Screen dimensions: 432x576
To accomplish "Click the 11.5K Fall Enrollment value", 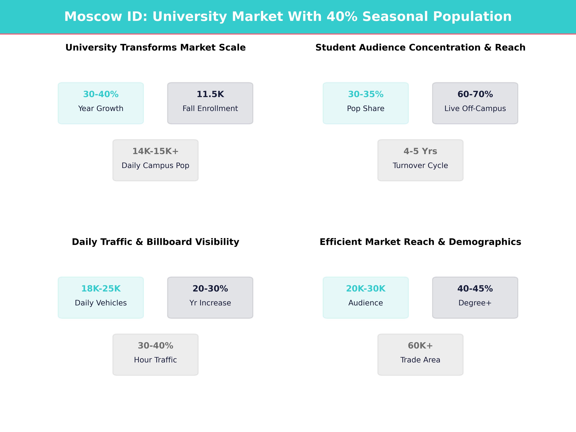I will [210, 94].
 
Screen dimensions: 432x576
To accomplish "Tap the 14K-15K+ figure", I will [155, 151].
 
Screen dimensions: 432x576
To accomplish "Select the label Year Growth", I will [101, 109].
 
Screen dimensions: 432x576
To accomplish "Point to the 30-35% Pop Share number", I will [366, 94].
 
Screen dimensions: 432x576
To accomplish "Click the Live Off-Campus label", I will [475, 109].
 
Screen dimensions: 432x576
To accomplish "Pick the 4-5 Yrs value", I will [420, 151].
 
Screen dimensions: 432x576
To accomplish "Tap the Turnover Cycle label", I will [420, 166].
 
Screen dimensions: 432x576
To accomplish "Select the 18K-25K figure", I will [101, 289].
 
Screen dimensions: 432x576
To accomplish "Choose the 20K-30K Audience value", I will [366, 289].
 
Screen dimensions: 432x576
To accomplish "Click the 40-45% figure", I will [475, 289].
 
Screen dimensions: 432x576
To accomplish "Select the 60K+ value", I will [420, 346].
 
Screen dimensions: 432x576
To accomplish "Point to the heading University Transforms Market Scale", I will [155, 48].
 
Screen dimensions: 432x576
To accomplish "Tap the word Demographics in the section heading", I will [485, 242].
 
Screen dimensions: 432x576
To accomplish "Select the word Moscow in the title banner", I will [93, 17].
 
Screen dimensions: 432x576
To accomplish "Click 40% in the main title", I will [342, 17].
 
